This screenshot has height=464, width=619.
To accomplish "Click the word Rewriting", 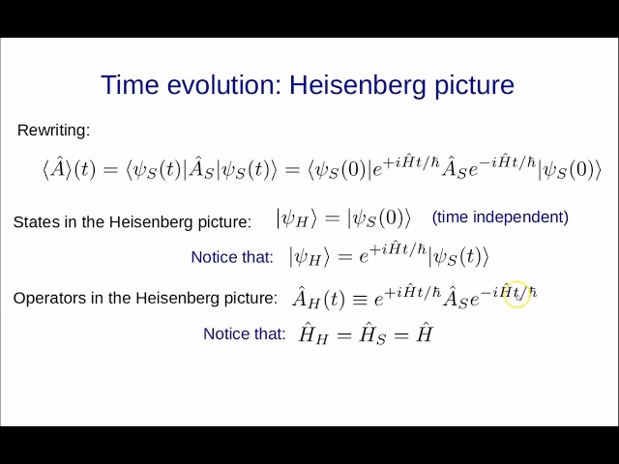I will click(54, 130).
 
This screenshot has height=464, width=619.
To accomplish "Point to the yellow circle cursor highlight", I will click(517, 294).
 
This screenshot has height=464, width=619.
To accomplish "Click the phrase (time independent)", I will click(500, 217).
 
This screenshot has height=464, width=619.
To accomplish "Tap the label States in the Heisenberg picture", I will click(132, 221).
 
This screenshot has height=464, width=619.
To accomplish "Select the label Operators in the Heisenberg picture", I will click(145, 298).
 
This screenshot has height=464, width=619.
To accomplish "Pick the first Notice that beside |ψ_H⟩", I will click(232, 256).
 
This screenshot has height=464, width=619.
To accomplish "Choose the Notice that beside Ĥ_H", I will click(245, 333).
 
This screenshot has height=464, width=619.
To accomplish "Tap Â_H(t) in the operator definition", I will click(318, 298).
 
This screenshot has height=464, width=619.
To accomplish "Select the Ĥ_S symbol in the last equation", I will click(375, 334).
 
